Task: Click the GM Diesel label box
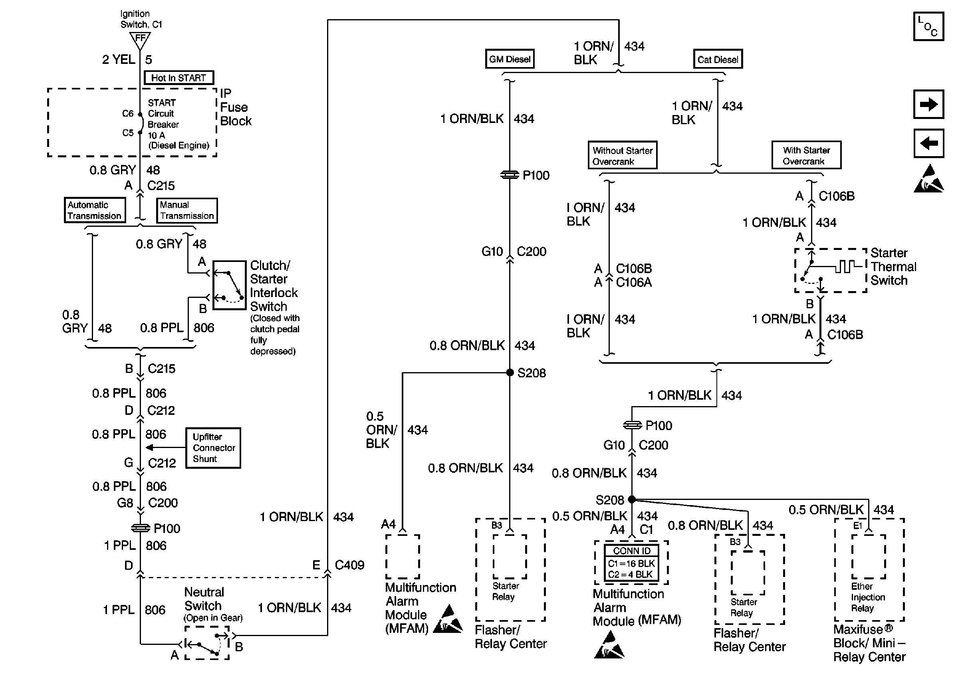[510, 59]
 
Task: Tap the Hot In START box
[179, 78]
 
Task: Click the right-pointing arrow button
[928, 104]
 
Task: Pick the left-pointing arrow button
[928, 143]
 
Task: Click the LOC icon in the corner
[928, 26]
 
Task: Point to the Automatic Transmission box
[95, 210]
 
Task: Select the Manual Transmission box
[186, 210]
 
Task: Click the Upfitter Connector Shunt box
[213, 448]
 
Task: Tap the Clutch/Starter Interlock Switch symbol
[229, 286]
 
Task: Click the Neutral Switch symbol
[207, 643]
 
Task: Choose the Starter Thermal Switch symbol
[830, 270]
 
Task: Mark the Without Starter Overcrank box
[623, 155]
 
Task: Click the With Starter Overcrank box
[806, 155]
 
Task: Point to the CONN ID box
[631, 562]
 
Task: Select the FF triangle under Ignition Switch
[140, 39]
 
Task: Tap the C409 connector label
[349, 565]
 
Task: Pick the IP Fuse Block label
[235, 107]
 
